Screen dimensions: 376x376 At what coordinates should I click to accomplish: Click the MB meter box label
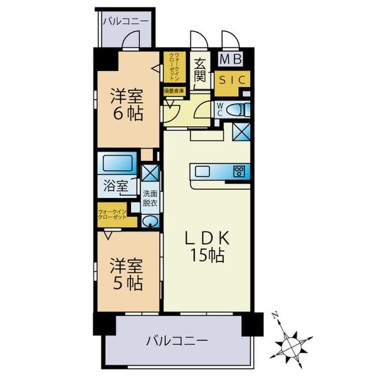[232, 60]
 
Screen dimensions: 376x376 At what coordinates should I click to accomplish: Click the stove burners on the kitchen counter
[239, 171]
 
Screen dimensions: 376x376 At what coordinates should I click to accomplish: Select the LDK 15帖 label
[209, 246]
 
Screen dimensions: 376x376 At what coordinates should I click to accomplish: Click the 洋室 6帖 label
[127, 105]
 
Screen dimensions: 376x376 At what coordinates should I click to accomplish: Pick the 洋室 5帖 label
[127, 274]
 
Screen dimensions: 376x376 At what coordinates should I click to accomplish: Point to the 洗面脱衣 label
[150, 199]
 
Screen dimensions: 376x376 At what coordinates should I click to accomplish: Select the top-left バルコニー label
[127, 21]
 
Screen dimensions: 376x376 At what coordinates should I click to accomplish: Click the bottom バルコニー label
[177, 342]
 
